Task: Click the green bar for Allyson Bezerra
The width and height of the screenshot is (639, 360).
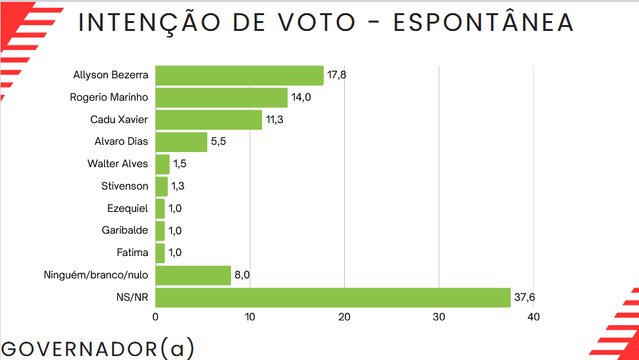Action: (x=240, y=76)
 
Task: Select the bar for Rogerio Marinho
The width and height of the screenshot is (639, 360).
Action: (x=221, y=98)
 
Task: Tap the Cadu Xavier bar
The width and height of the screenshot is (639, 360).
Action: (x=209, y=120)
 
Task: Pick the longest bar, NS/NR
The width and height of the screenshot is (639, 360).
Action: (x=333, y=297)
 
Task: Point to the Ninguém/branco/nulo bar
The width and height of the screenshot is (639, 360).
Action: (x=193, y=275)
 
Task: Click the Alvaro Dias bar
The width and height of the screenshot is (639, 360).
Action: (x=181, y=142)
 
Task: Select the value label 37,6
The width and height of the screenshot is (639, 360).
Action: (x=524, y=297)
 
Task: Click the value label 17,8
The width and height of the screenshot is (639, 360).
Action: (x=336, y=75)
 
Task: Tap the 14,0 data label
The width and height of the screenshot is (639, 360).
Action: (x=301, y=97)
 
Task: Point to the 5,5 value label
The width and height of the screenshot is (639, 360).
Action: (x=218, y=142)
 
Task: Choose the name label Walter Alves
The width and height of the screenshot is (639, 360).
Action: (x=118, y=164)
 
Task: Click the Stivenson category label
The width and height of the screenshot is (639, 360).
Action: (x=125, y=186)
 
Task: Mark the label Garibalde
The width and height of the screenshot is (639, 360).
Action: (x=125, y=230)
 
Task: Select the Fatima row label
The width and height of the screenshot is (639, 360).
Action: (x=132, y=253)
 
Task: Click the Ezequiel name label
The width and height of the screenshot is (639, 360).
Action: (x=128, y=209)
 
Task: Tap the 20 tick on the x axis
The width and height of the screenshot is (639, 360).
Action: (x=344, y=317)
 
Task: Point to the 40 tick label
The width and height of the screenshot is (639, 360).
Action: (x=533, y=317)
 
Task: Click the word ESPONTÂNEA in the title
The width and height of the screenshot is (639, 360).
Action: (x=484, y=22)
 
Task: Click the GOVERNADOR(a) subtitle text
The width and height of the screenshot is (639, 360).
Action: (x=97, y=348)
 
